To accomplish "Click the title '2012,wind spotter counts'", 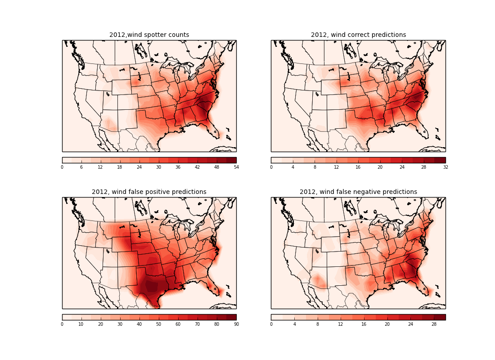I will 149,35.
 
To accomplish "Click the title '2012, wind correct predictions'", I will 358,35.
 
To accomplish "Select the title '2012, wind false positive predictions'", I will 149,192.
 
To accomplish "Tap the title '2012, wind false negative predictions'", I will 358,192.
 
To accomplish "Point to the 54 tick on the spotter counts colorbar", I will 236,167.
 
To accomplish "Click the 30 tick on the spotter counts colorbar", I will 158,167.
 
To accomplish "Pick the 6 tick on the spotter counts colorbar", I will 81,167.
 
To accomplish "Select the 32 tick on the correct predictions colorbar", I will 445,167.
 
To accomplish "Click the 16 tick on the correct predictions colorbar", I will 358,167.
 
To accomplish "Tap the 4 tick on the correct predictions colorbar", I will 293,167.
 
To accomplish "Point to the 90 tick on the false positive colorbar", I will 236,324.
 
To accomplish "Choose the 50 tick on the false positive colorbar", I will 158,324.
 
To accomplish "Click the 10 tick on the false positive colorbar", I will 81,324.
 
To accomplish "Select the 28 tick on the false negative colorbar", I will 434,324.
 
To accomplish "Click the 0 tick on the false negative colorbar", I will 271,324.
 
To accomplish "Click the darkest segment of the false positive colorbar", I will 231,317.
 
